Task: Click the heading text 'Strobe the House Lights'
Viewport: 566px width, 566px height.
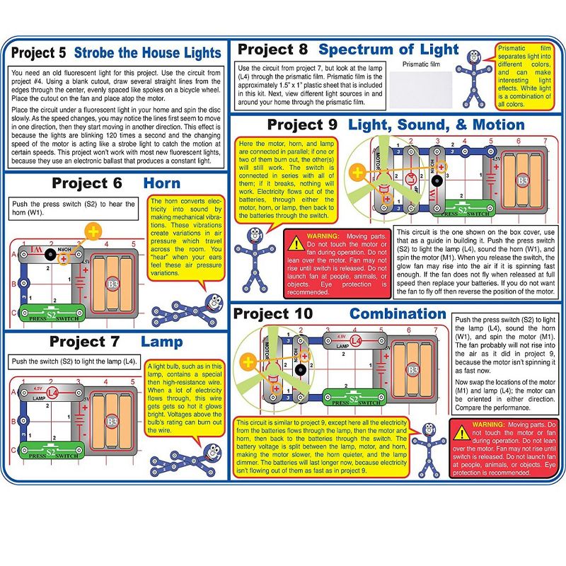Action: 147,53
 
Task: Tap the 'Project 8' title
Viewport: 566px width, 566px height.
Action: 272,50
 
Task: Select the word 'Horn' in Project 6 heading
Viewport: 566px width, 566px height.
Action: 161,183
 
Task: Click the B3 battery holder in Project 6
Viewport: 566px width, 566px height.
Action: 112,284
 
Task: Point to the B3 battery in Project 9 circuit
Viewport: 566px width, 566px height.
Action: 522,180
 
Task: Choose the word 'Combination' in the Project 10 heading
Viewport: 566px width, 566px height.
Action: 398,313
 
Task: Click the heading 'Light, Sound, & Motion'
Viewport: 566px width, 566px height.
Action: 437,125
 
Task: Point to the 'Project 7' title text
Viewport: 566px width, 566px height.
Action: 84,342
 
